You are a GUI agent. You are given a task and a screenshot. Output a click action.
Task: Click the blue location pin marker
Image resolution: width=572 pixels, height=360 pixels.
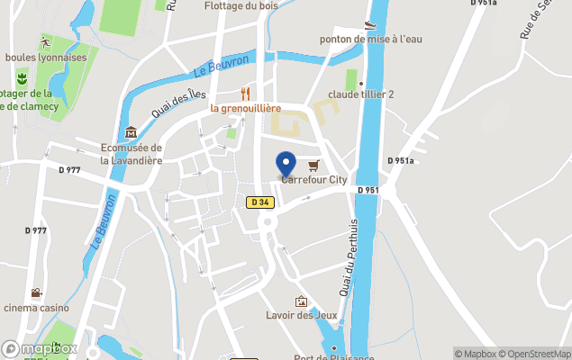(286, 165)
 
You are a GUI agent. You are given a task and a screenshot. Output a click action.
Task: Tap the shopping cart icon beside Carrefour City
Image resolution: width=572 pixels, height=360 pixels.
(313, 166)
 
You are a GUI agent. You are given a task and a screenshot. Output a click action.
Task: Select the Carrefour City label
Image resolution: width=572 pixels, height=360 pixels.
(313, 180)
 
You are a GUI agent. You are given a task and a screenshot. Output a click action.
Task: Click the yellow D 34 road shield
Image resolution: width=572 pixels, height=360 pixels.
(259, 202)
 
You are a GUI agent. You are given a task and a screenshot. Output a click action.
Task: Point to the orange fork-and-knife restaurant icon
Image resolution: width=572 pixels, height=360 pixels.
(245, 93)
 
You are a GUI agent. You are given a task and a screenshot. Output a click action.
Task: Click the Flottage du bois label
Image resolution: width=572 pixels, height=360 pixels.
(241, 5)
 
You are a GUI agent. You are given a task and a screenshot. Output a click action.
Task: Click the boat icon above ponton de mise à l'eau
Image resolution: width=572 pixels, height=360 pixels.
(370, 24)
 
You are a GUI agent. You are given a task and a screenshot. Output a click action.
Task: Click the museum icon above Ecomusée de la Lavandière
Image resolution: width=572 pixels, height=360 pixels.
(132, 132)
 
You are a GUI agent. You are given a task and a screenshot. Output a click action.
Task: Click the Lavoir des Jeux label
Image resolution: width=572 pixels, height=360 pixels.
(300, 316)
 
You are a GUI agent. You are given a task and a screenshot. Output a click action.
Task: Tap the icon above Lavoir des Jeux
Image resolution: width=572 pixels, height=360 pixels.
(301, 301)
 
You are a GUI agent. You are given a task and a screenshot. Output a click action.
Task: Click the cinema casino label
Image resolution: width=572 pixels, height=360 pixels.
(36, 308)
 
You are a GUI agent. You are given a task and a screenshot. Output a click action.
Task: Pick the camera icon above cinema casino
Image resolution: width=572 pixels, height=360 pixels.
(36, 292)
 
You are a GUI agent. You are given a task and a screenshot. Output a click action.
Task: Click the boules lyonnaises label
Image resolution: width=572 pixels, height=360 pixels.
(46, 58)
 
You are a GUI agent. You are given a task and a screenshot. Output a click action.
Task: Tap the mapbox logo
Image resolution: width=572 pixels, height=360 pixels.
(40, 348)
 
